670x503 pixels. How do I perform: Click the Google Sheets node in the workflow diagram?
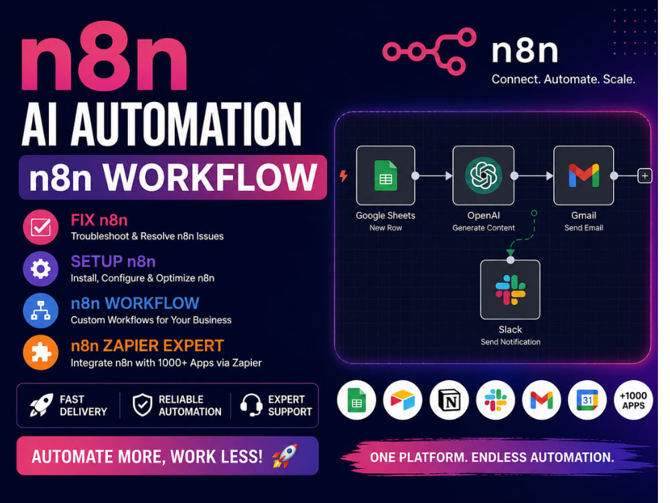pos(385,175)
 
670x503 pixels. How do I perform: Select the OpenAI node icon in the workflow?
pos(483,175)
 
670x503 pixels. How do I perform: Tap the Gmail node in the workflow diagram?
pos(584,175)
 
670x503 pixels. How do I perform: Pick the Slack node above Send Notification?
pos(510,290)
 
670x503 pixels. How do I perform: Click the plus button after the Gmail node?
pos(645,175)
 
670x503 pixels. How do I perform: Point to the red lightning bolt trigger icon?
pos(344,175)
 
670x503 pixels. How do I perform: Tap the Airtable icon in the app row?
pos(403,400)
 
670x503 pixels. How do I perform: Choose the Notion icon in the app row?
pos(449,400)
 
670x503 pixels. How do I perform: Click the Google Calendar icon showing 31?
pos(587,400)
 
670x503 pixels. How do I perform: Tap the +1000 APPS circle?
pos(633,400)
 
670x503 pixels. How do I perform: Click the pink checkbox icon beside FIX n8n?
pos(41,227)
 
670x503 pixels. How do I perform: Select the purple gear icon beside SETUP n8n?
pos(41,269)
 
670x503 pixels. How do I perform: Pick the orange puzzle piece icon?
pos(41,353)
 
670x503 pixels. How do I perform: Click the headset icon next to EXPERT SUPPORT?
pos(251,404)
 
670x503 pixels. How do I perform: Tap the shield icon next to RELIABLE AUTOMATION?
pos(142,404)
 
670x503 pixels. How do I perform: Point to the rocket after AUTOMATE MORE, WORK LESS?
pos(285,455)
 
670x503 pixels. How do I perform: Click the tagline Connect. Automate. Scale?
pos(563,79)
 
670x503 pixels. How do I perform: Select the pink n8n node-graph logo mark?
pos(429,52)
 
